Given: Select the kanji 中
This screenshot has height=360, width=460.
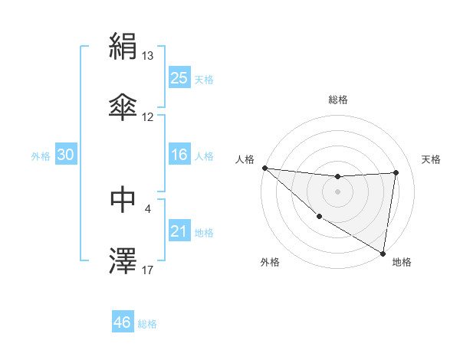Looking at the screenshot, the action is tap(123, 198).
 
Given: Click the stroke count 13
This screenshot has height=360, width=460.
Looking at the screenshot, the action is tap(148, 56).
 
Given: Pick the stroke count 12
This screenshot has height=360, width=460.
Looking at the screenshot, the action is tap(148, 116).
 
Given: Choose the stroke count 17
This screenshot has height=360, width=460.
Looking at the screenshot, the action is tap(148, 270).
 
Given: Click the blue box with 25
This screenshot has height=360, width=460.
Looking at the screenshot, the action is tap(179, 77).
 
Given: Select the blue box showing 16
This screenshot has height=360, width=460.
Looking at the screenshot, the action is tap(179, 155).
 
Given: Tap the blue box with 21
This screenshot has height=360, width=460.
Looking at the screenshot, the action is tap(179, 231).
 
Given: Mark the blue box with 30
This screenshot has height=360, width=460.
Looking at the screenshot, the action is tap(66, 155).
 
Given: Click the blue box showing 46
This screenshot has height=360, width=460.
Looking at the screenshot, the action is tap(123, 322).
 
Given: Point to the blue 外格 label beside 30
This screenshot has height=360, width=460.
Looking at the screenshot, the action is tap(41, 155).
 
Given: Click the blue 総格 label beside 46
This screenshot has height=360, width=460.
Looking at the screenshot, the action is tap(147, 324).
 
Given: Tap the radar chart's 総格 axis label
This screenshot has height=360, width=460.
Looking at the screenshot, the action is tap(338, 100).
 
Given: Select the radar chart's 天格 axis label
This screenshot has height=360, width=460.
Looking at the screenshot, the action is tap(432, 159).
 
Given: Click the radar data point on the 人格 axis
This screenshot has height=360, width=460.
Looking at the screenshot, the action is tap(264, 168).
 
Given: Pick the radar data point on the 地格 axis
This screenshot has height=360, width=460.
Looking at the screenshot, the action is tap(383, 253).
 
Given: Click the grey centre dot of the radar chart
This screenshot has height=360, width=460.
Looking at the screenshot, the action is tap(337, 191).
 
